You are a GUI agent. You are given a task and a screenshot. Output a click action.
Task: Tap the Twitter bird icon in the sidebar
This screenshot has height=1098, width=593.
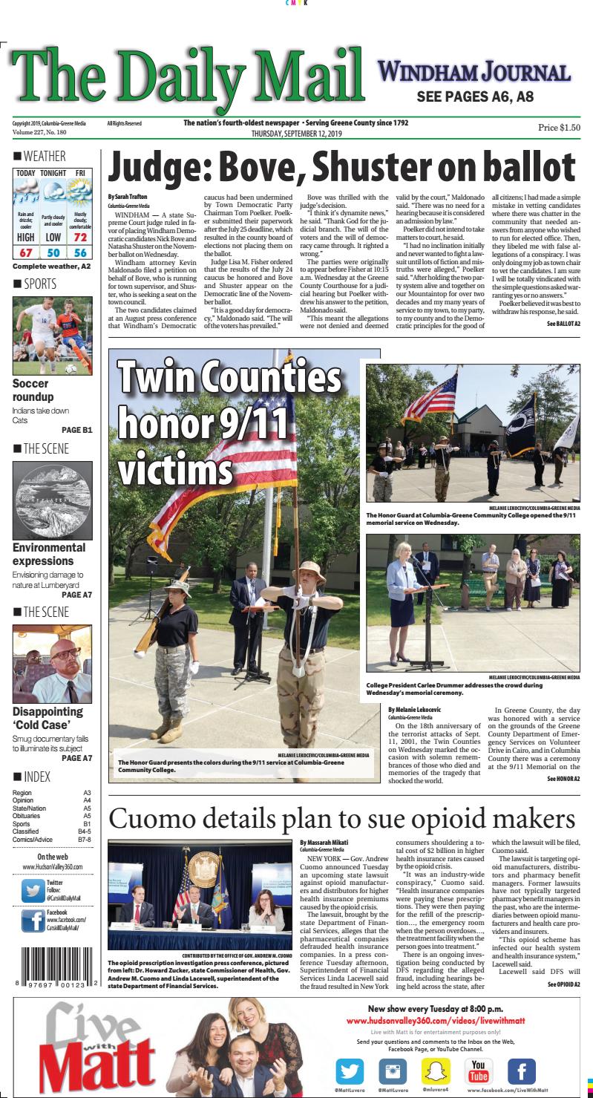point(31,889)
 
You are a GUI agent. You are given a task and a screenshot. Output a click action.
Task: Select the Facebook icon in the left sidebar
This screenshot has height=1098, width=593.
point(31,921)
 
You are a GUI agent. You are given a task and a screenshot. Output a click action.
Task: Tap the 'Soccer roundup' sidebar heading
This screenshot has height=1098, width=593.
point(32,390)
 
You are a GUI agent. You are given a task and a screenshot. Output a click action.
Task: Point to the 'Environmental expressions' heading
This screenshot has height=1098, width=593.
point(49,554)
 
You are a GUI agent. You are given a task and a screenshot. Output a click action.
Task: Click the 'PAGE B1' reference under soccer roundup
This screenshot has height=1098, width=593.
point(76,429)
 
